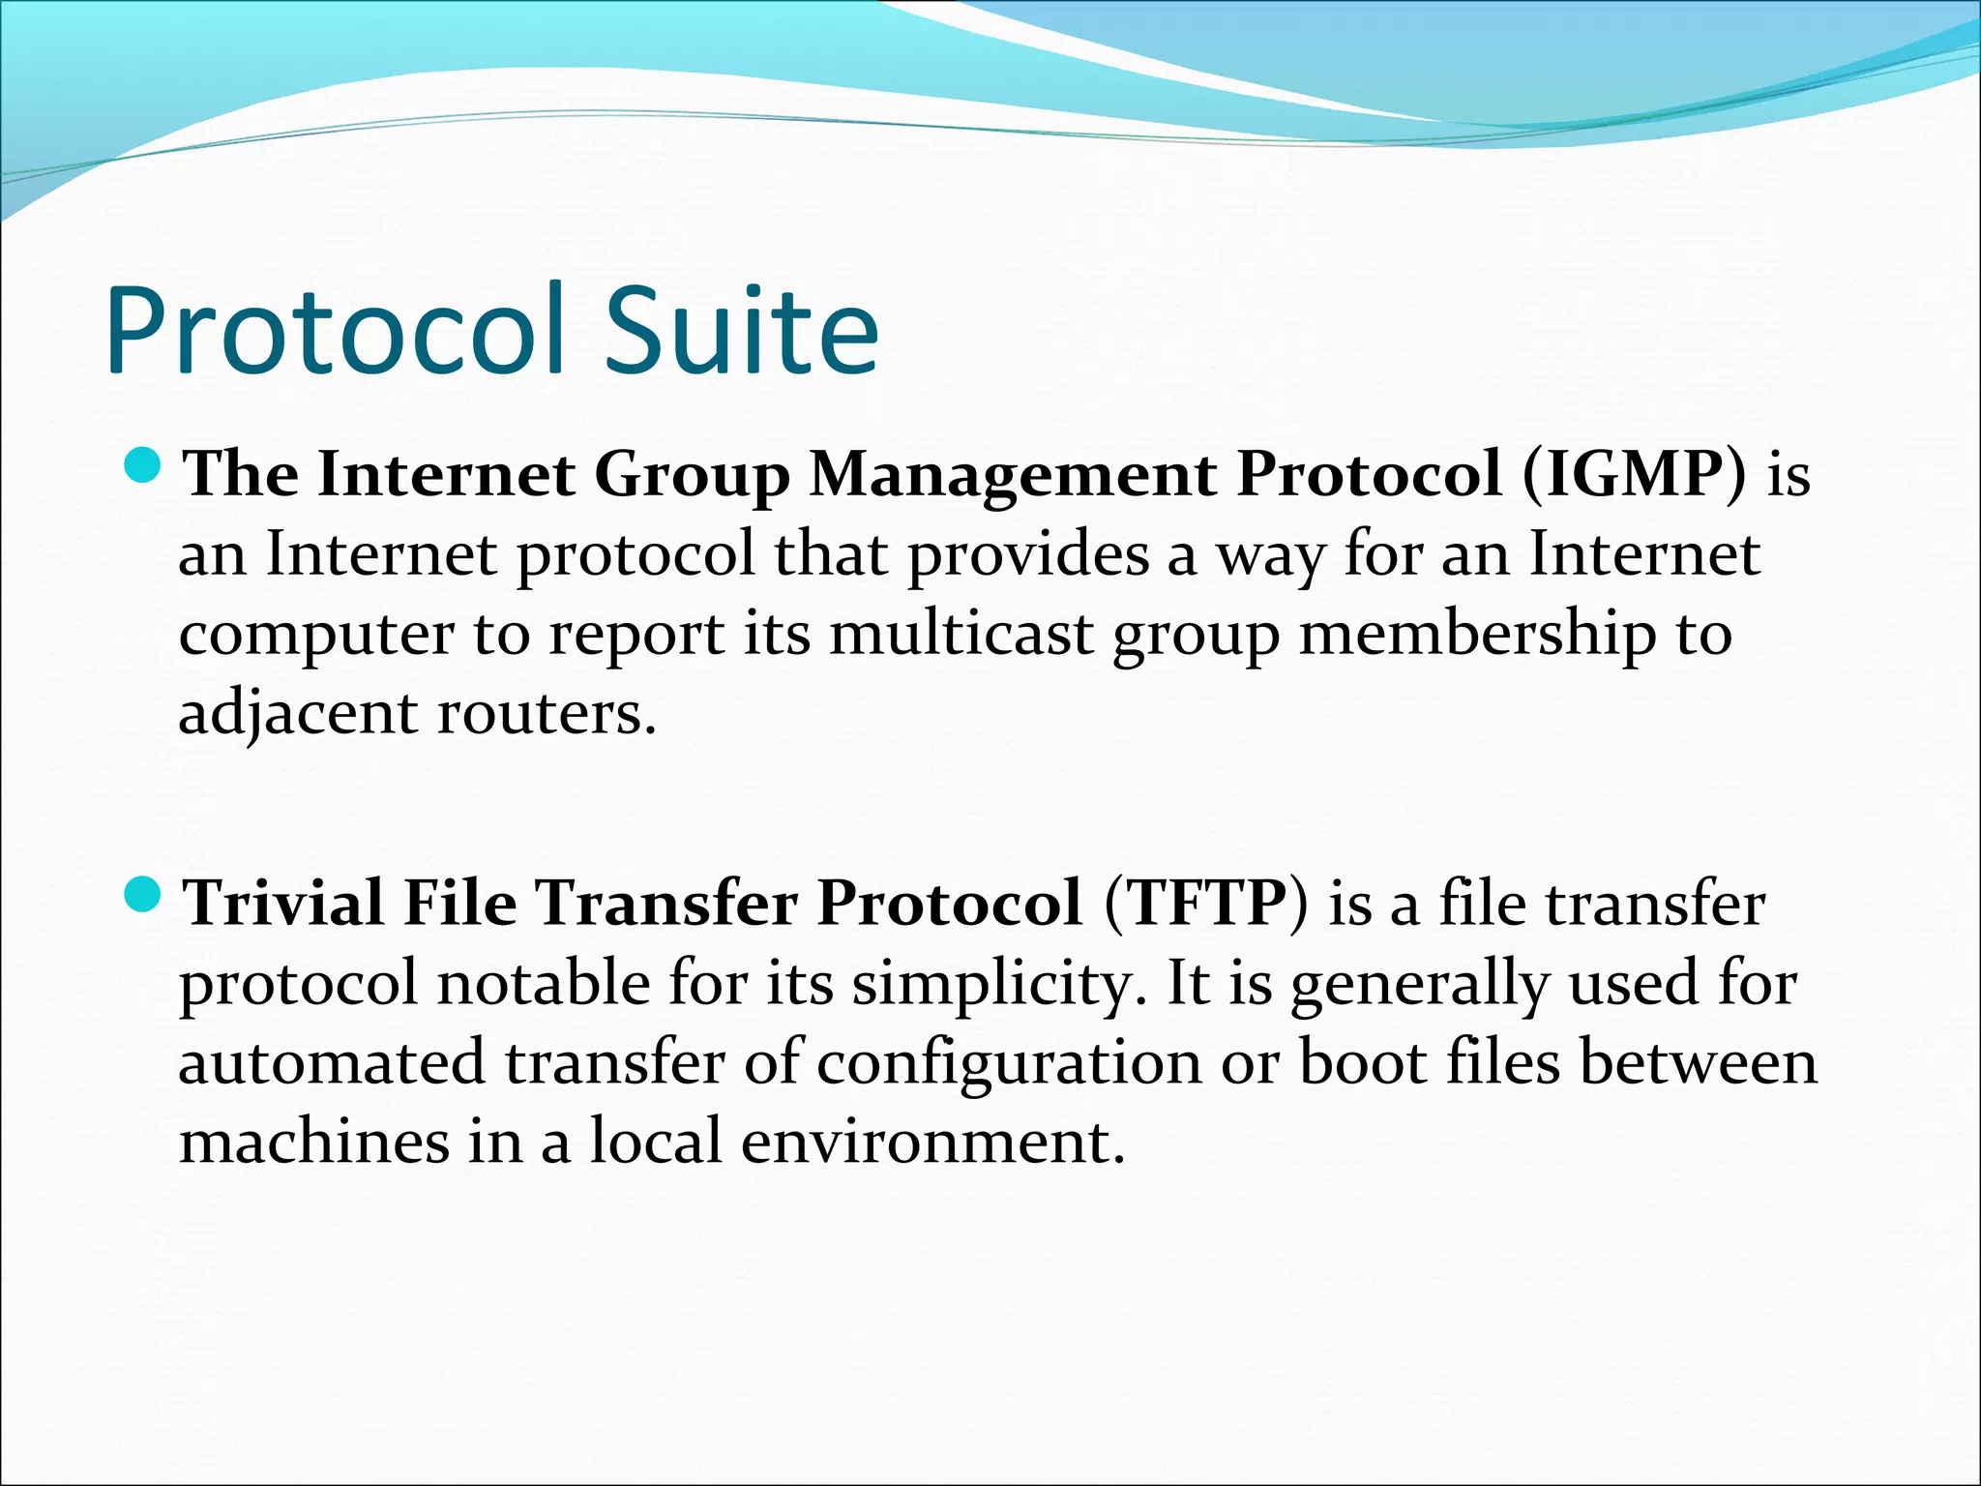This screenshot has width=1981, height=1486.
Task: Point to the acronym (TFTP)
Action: [x=1204, y=904]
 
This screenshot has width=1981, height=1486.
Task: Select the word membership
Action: [x=1476, y=635]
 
